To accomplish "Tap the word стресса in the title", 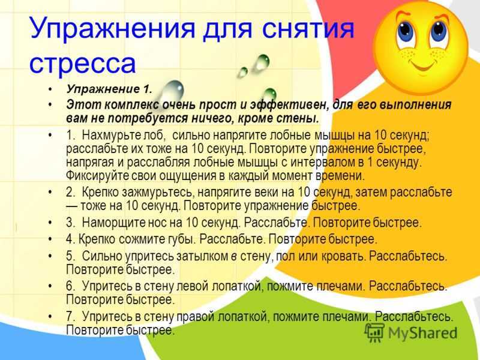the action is pos(82,64).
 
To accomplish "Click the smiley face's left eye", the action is pos(406,32).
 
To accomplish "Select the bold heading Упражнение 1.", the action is pos(109,89).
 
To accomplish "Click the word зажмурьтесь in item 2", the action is pos(158,192).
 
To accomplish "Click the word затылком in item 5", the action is pos(202,256).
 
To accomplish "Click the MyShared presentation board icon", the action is pos(374,332).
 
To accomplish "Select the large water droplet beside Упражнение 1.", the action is pos(172,91).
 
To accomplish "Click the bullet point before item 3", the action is pos(50,223).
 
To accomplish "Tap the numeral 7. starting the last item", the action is pos(70,316).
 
